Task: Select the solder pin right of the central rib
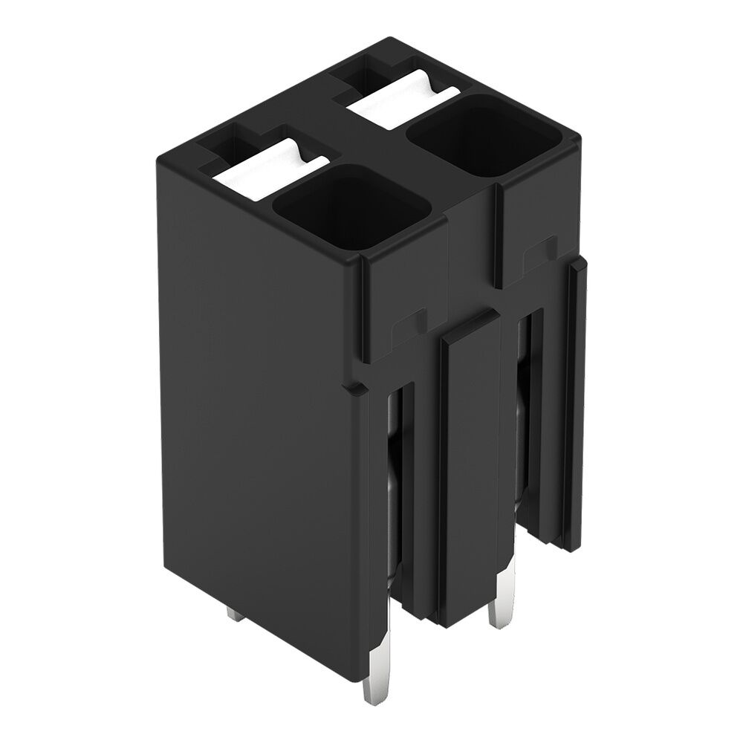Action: click(x=498, y=602)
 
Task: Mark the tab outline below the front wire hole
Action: click(x=405, y=327)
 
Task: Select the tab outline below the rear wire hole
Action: click(x=539, y=256)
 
